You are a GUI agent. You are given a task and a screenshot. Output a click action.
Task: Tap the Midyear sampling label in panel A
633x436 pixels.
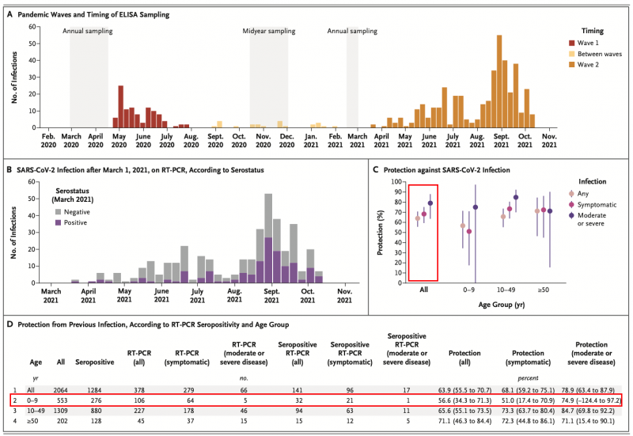tap(271, 32)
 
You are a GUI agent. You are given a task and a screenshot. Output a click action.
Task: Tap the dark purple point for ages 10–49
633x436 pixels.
tap(516, 198)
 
